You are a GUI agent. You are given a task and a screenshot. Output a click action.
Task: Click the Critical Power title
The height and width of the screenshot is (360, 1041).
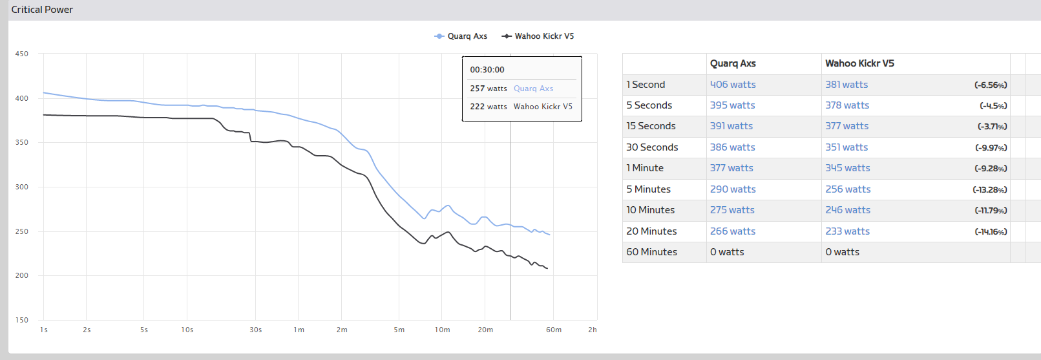[x=42, y=10]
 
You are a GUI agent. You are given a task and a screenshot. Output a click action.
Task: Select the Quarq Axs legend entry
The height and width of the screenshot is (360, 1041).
[x=461, y=36]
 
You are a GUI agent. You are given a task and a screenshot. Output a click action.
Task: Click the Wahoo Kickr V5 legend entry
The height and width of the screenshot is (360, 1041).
[x=538, y=36]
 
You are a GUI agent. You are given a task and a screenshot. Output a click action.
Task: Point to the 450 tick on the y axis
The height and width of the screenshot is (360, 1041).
[x=22, y=54]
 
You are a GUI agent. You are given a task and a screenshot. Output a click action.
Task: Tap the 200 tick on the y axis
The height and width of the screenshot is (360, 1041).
[x=22, y=275]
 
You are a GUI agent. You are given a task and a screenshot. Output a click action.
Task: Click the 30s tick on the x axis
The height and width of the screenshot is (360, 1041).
[x=256, y=330]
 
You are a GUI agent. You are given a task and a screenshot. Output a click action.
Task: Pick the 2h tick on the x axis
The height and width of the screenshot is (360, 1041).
[x=593, y=330]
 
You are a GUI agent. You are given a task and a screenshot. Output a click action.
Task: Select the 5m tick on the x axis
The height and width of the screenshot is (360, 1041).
[x=399, y=330]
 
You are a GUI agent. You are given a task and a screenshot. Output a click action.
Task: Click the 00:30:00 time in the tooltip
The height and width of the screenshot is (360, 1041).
[x=487, y=70]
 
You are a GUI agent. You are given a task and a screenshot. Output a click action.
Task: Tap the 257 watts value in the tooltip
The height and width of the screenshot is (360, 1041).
[x=488, y=89]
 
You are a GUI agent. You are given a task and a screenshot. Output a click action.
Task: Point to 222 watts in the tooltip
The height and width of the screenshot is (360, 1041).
[x=488, y=107]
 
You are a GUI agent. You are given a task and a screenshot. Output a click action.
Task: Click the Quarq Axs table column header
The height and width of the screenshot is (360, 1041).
[x=733, y=63]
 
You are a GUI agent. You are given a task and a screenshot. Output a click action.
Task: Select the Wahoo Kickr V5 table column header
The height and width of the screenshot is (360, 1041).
[x=859, y=63]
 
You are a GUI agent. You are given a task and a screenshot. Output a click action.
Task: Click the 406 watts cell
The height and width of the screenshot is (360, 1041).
[x=733, y=85]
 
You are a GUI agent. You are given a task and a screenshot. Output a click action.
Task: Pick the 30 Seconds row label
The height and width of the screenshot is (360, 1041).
[x=652, y=147]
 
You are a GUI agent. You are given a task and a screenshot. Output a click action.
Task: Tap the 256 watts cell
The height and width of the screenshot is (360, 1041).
[x=848, y=189]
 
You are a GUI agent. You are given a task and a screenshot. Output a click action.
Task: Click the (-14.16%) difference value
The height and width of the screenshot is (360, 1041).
[x=991, y=231]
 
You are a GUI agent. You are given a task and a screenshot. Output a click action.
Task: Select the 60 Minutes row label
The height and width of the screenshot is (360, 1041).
[x=651, y=252]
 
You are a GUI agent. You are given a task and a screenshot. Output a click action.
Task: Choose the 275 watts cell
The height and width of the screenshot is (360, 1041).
[x=732, y=210]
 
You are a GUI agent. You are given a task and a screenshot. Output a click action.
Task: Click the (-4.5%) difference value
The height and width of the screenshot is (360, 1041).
[x=993, y=106]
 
